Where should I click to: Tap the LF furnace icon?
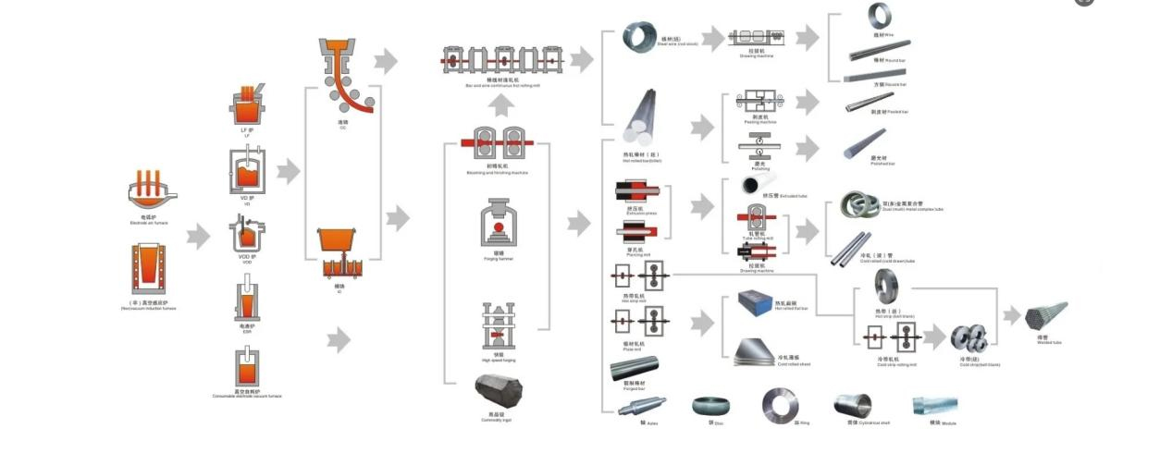(247, 105)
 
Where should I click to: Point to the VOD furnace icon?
(247, 235)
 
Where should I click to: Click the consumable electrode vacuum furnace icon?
(247, 367)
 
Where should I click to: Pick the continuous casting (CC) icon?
(343, 78)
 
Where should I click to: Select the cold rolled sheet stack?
(757, 350)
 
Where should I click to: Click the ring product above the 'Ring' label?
(779, 405)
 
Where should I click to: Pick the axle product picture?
(641, 405)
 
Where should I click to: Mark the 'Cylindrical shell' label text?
(874, 423)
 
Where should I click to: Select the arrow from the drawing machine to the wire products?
(808, 38)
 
